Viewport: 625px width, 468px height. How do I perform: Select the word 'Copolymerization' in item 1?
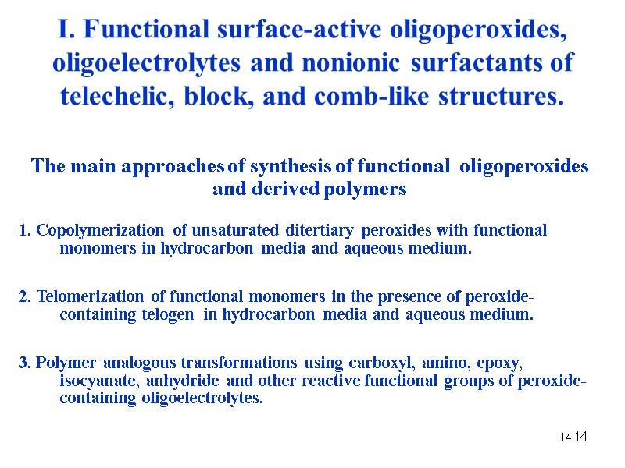pos(100,230)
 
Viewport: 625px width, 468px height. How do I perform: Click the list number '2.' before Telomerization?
pos(25,296)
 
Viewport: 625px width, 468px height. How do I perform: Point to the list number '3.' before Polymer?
pos(25,363)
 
